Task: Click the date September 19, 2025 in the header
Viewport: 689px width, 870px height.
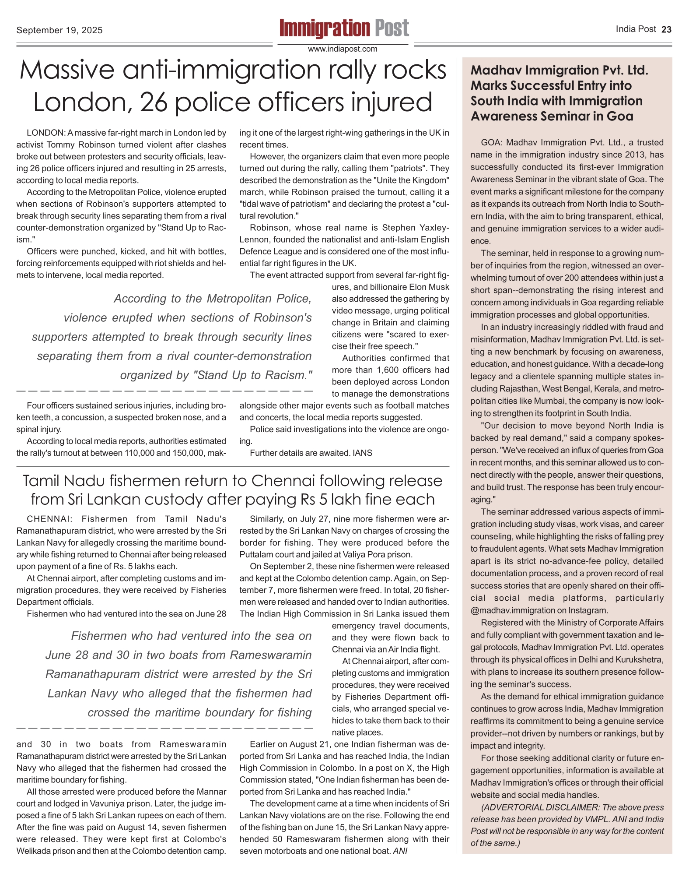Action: click(59, 30)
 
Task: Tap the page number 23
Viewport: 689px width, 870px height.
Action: click(666, 30)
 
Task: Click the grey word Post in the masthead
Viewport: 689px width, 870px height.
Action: click(392, 28)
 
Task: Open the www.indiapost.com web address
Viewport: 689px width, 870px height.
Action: click(343, 49)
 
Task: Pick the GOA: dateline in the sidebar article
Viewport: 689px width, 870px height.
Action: click(492, 143)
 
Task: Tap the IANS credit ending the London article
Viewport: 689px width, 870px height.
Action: click(363, 453)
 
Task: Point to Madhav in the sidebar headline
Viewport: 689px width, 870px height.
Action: click(496, 70)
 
